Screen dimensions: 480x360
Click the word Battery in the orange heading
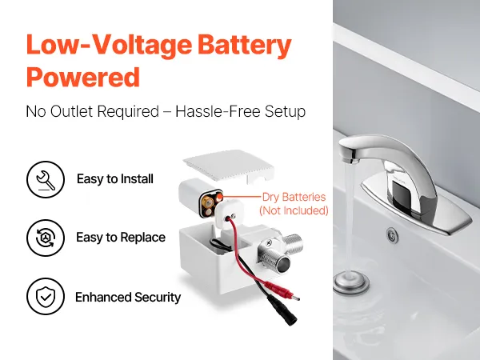coord(244,45)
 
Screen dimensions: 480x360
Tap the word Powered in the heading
coord(83,77)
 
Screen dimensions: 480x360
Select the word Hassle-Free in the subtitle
coord(218,111)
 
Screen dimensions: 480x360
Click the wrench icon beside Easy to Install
coord(46,179)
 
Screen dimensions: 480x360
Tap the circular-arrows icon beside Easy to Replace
coord(46,238)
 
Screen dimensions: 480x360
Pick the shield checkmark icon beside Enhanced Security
coord(46,296)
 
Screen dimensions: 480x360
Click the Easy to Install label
coord(114,178)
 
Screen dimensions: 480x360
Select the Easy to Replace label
coord(121,238)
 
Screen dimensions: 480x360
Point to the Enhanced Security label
coord(128,297)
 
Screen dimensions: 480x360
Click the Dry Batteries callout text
coord(294,197)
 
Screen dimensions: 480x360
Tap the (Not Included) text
coord(294,210)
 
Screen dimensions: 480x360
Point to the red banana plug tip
coord(295,298)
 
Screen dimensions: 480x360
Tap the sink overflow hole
coord(392,235)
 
